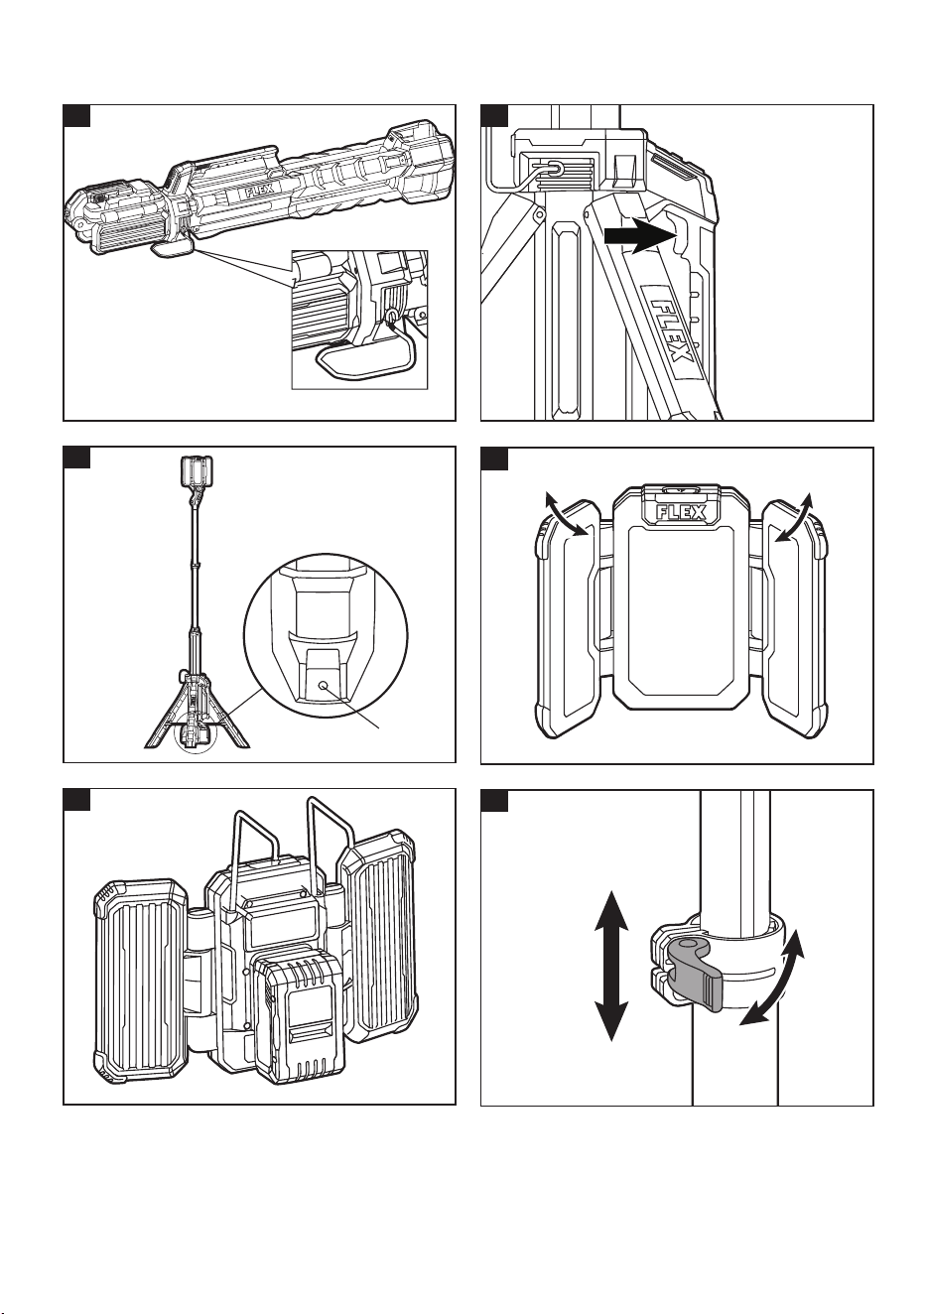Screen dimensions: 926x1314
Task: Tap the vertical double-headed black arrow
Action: click(x=611, y=965)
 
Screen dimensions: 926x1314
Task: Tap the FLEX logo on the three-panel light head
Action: click(x=681, y=513)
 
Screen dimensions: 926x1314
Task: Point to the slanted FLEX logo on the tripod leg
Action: click(x=673, y=331)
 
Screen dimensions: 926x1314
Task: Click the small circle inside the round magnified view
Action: click(x=323, y=685)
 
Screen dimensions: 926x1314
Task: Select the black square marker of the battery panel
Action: click(x=76, y=800)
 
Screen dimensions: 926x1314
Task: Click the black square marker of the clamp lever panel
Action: click(x=494, y=801)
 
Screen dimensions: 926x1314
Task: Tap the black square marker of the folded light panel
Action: click(x=76, y=116)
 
